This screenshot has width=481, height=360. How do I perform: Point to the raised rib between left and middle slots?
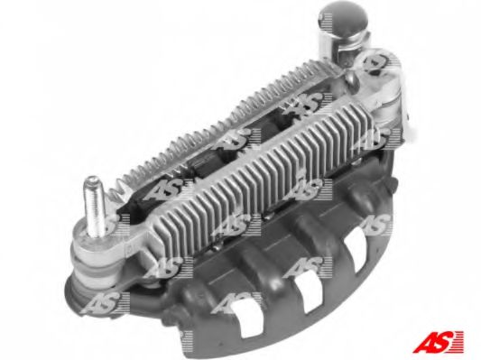click(276, 289)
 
